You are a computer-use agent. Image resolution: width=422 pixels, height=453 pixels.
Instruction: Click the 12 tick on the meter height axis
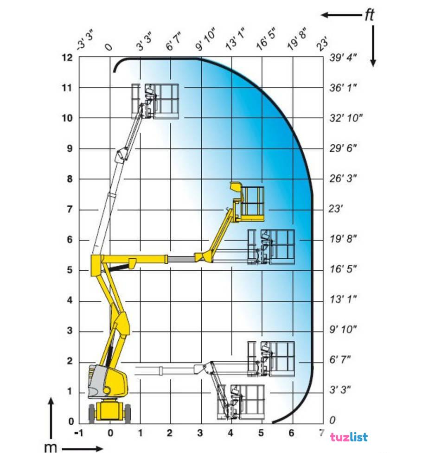[x=68, y=58]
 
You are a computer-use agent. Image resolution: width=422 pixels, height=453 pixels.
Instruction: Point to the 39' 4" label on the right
[x=343, y=57]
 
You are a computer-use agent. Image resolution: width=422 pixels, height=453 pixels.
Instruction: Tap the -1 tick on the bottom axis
[x=79, y=433]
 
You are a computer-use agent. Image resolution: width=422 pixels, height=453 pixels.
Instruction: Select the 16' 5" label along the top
[x=266, y=38]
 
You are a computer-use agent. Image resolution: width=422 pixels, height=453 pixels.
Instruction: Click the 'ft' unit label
[x=370, y=15]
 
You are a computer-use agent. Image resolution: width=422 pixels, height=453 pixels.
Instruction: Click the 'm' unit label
[x=51, y=447]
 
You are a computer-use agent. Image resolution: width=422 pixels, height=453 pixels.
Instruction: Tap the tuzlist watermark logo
[x=349, y=437]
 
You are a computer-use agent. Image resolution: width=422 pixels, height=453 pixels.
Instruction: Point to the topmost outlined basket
[x=155, y=101]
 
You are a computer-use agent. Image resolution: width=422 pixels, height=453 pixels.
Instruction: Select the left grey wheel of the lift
[x=92, y=414]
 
